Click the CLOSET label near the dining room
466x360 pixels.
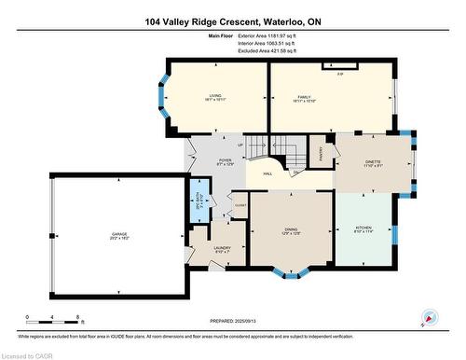tap(240, 204)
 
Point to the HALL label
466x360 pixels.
tap(267, 173)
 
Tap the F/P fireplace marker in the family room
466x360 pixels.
tap(340, 73)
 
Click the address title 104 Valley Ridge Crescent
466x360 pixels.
tap(233, 21)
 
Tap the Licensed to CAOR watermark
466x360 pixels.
tap(28, 353)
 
